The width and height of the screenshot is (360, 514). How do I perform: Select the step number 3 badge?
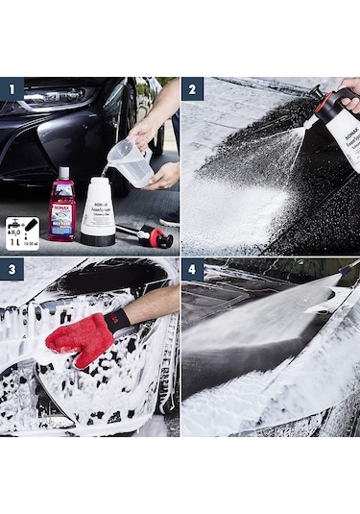tap(12, 269)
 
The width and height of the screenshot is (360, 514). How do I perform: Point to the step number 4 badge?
tap(193, 269)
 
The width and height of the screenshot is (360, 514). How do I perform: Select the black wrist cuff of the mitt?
tap(118, 320)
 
